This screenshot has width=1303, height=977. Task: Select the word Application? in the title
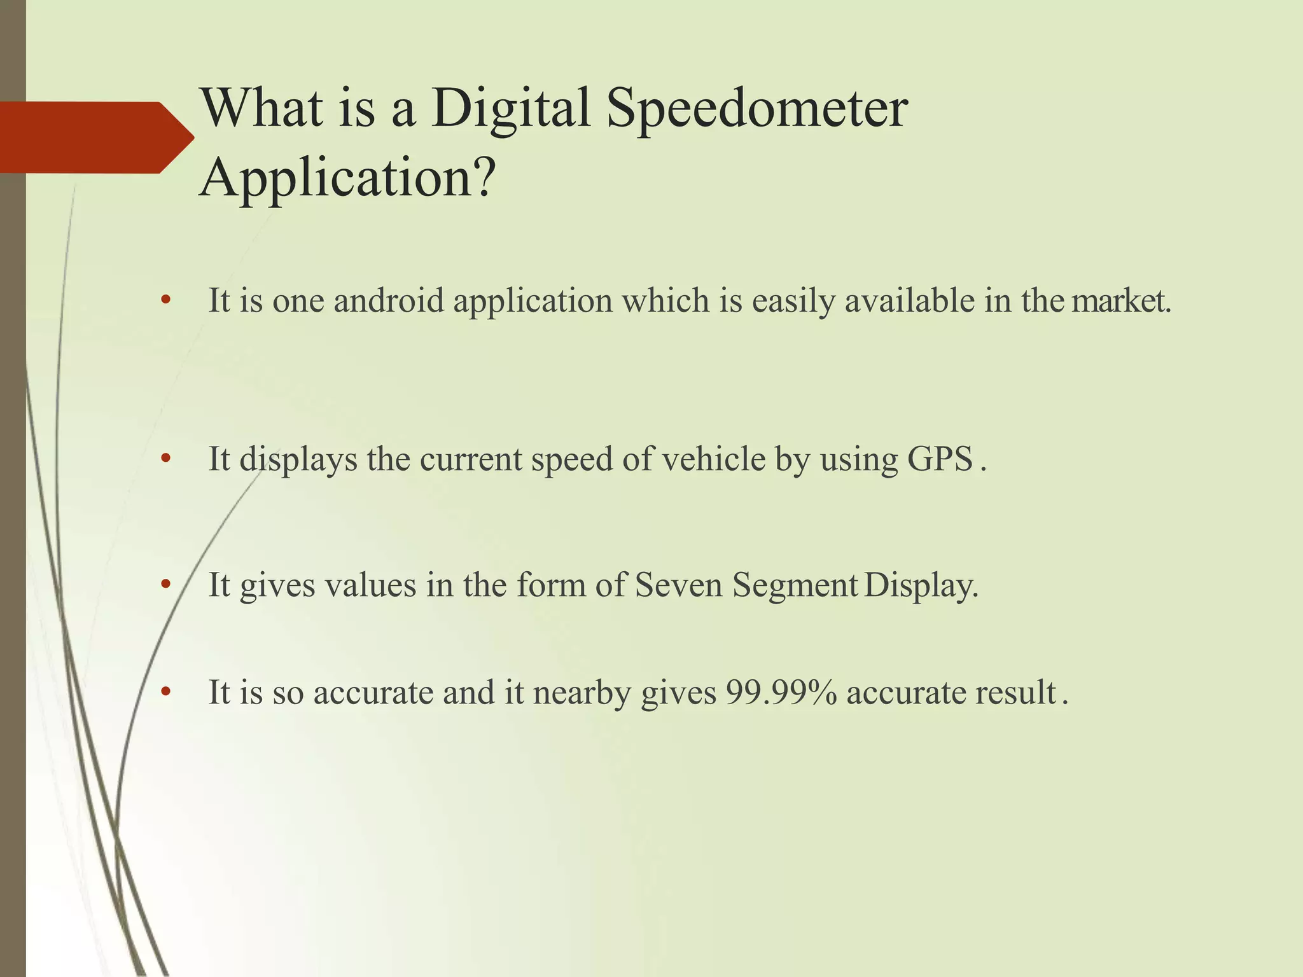(347, 178)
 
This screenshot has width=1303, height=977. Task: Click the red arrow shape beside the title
(95, 137)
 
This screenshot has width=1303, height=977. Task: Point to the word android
(388, 301)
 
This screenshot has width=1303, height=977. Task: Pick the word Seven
(679, 585)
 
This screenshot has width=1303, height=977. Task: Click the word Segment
(795, 586)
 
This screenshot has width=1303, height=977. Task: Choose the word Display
(921, 586)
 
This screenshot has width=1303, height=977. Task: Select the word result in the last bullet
(1015, 692)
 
